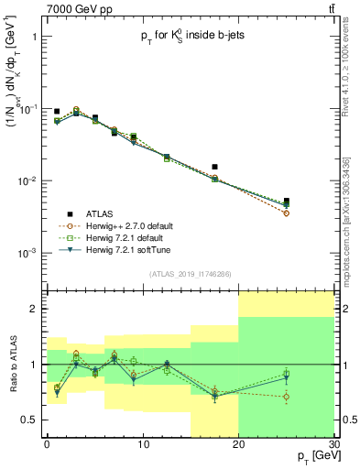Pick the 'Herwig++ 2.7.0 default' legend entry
pos(146,224)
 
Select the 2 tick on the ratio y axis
pos(37,310)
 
